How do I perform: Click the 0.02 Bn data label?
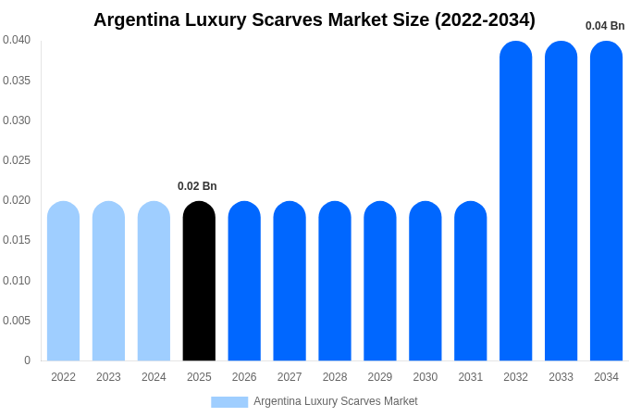click(x=197, y=186)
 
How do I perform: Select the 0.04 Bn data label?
click(x=605, y=26)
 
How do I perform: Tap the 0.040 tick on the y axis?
click(x=17, y=40)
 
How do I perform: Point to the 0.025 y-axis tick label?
click(x=17, y=160)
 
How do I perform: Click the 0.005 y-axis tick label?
click(x=17, y=321)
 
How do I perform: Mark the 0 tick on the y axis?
click(x=27, y=360)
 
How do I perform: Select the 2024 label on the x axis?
click(x=154, y=377)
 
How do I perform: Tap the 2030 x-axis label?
click(x=425, y=377)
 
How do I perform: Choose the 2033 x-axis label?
click(x=561, y=377)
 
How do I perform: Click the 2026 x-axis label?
click(x=244, y=377)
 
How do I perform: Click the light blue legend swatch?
click(x=229, y=402)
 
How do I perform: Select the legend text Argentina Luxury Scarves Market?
click(x=336, y=401)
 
